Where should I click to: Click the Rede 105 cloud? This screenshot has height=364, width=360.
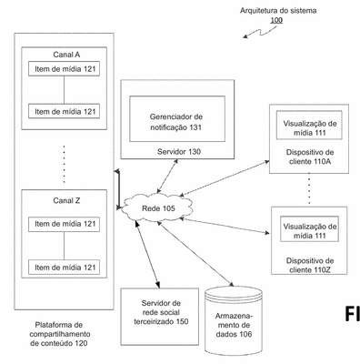[x=157, y=207]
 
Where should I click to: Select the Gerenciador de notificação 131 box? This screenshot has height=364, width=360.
[x=177, y=118]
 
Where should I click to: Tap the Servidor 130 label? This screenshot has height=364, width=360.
[x=179, y=151]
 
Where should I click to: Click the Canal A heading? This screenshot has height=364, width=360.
[x=66, y=55]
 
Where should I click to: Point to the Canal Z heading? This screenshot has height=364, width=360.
[x=66, y=200]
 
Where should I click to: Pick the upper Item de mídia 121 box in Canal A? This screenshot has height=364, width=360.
[x=64, y=69]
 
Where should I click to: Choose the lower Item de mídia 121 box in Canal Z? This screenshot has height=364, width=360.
[x=64, y=268]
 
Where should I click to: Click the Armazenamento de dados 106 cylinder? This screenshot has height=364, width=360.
[x=234, y=321]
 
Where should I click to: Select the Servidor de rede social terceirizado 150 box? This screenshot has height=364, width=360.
[x=160, y=317]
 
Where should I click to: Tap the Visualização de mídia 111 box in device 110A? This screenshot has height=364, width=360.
[x=309, y=125]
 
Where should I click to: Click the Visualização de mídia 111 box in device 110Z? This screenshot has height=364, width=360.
[x=309, y=229]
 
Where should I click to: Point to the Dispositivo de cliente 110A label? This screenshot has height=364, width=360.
[x=310, y=157]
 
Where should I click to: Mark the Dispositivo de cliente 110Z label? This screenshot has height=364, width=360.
[x=310, y=265]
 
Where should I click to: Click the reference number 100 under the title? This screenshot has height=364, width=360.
[x=276, y=20]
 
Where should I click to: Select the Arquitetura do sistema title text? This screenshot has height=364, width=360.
[x=278, y=11]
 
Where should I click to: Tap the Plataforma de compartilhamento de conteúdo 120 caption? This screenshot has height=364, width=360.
[x=60, y=334]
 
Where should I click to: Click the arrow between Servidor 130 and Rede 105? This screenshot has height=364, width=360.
[x=167, y=177]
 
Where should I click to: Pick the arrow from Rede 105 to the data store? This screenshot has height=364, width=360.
[x=195, y=254]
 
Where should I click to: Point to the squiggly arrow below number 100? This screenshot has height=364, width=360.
[x=260, y=32]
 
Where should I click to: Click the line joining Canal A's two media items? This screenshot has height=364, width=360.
[x=64, y=90]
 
